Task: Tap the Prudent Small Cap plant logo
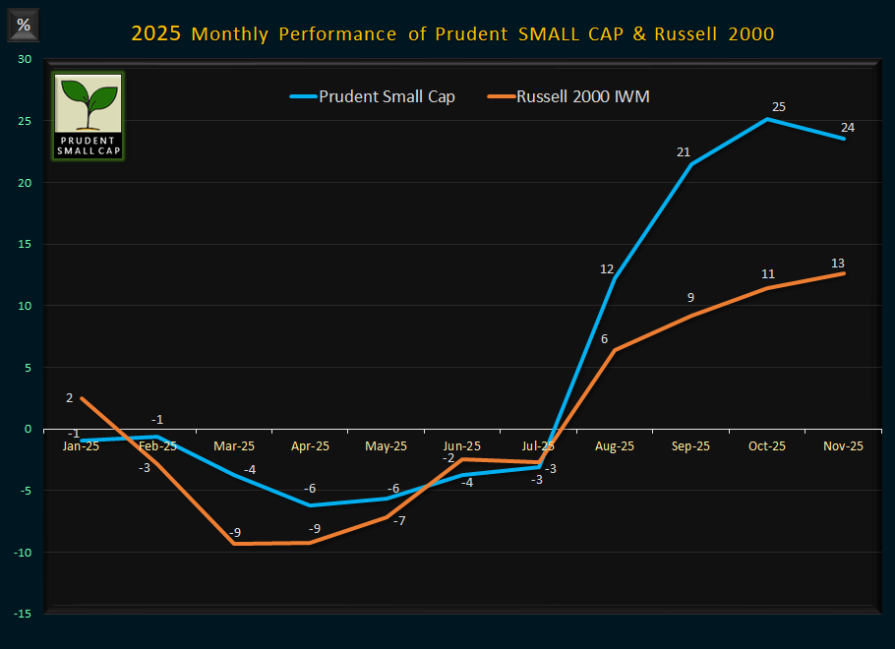pos(88,115)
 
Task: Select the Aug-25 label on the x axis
pos(615,445)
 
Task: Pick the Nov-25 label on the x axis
pos(843,445)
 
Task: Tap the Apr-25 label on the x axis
pos(310,445)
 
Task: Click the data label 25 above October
pos(779,106)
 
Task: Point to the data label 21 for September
pos(685,151)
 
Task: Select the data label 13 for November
pos(837,263)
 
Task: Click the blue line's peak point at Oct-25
pos(768,119)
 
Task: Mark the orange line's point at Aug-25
pos(615,350)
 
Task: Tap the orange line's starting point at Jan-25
pos(82,398)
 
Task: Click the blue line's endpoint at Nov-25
pos(844,139)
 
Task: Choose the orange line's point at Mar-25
pos(234,544)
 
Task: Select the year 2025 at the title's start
pos(155,34)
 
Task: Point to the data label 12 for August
pos(608,268)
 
